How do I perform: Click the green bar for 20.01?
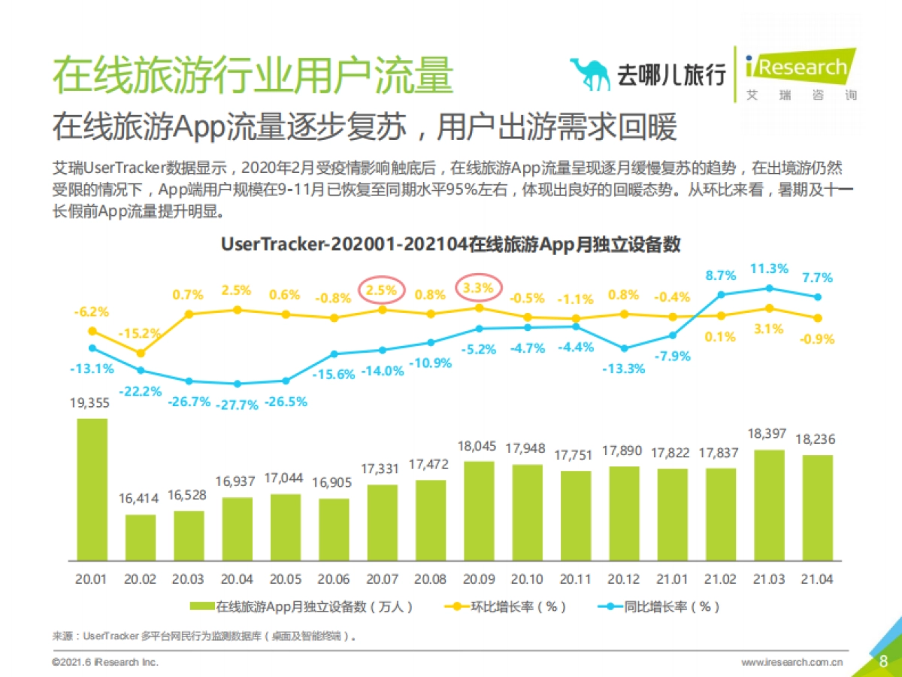pyautogui.click(x=92, y=489)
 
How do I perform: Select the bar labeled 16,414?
pyautogui.click(x=141, y=537)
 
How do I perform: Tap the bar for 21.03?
pyautogui.click(x=769, y=505)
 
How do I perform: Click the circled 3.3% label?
pyautogui.click(x=478, y=287)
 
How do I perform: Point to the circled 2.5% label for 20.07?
pyautogui.click(x=381, y=290)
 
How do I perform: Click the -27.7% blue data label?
pyautogui.click(x=237, y=405)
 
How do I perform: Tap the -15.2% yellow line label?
pyautogui.click(x=141, y=332)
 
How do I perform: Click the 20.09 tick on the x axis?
pyautogui.click(x=479, y=579)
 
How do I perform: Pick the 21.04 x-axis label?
pyautogui.click(x=817, y=579)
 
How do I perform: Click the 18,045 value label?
pyautogui.click(x=479, y=446)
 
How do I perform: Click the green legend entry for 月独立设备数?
pyautogui.click(x=301, y=606)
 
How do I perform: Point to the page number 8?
pyautogui.click(x=883, y=660)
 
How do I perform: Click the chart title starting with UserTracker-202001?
pyautogui.click(x=450, y=244)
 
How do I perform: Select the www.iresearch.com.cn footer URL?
pyautogui.click(x=792, y=662)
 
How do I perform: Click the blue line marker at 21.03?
pyautogui.click(x=769, y=288)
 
